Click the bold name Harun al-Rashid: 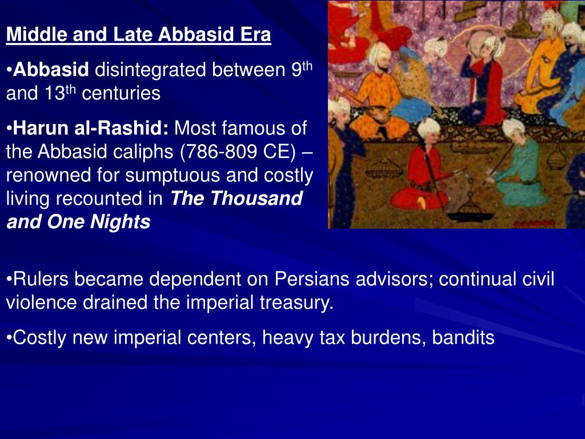(91, 129)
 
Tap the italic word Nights (123, 222)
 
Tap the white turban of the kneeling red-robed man (428, 127)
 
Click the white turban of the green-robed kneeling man (513, 127)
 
